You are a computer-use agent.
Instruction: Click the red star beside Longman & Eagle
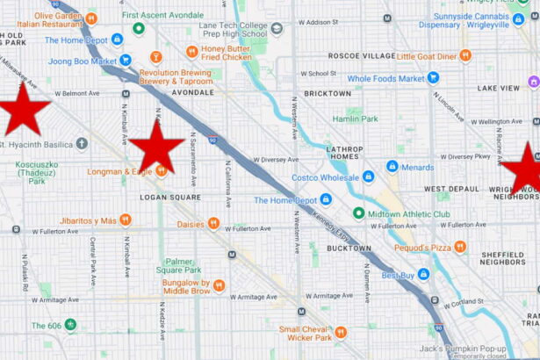point(157,146)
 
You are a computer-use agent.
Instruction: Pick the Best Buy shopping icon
point(423,275)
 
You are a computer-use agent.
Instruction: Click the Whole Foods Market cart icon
point(433,78)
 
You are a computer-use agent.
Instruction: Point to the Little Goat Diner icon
point(465,55)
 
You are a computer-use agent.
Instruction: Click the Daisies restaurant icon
point(213,224)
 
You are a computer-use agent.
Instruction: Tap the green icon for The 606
point(70,325)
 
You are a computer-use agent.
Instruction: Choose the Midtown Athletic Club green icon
point(358,213)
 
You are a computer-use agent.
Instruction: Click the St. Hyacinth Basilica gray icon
point(82,143)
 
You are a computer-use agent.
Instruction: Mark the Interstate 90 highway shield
point(213,139)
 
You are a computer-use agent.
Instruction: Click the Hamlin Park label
point(356,119)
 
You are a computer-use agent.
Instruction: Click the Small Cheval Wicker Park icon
point(341,332)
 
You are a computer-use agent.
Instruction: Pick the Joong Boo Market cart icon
point(126,61)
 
